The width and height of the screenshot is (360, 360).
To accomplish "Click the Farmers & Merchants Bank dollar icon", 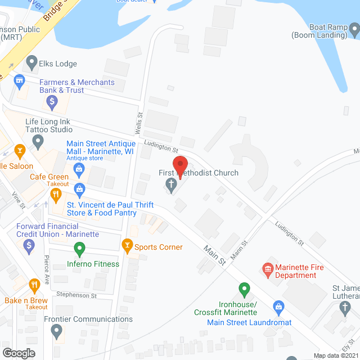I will tap(52, 102).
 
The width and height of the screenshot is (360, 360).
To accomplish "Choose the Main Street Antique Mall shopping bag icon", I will tap(79, 168).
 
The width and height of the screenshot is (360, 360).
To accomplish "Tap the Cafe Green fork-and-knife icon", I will tap(56, 195).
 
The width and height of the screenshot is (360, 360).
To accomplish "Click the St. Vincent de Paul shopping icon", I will tap(79, 188).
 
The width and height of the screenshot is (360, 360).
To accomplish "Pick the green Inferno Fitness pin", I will tap(80, 248).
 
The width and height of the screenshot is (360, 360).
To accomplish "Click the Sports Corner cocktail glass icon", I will tap(127, 245).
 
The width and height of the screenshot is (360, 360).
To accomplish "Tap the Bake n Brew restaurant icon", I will tap(35, 285).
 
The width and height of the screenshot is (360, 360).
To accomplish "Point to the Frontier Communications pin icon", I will tap(56, 331).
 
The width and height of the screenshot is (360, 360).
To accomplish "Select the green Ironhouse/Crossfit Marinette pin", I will tap(244, 290).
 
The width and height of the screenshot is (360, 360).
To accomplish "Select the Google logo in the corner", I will tap(18, 353).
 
